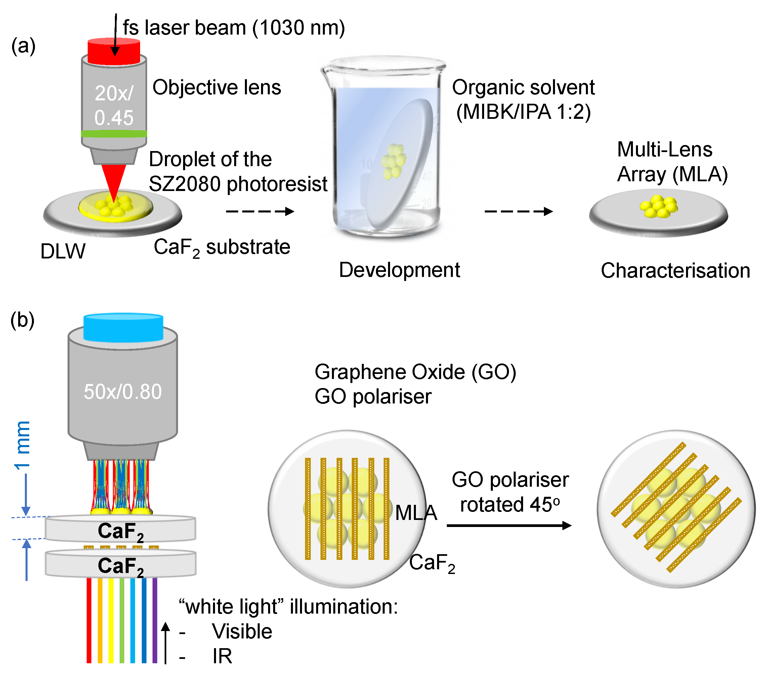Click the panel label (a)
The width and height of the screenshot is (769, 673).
click(x=23, y=46)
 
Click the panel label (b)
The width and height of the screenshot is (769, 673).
click(x=23, y=320)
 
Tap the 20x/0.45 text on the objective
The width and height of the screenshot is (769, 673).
click(x=114, y=105)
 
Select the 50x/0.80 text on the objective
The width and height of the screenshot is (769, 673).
click(x=123, y=392)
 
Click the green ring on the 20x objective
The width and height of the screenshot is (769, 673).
click(x=114, y=133)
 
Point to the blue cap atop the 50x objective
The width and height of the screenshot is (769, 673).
click(x=123, y=328)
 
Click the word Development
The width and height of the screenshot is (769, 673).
click(x=399, y=270)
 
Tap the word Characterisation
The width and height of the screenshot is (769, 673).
click(x=675, y=271)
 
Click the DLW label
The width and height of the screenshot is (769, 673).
click(x=63, y=251)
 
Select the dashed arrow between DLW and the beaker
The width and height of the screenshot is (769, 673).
click(x=260, y=211)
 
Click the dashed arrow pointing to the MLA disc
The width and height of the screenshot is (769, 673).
click(x=518, y=211)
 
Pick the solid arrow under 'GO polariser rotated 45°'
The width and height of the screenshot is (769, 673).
click(x=509, y=525)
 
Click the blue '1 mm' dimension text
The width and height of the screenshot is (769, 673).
click(x=23, y=445)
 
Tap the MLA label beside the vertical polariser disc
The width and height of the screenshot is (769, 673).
click(x=416, y=512)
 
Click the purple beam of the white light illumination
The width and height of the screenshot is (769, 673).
click(x=155, y=620)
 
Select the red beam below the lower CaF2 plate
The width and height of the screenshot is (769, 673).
click(x=89, y=620)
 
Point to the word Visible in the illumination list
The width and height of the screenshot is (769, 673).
click(x=242, y=631)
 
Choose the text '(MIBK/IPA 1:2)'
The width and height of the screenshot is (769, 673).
click(x=523, y=112)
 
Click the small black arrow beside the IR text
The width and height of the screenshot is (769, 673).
click(x=165, y=642)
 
